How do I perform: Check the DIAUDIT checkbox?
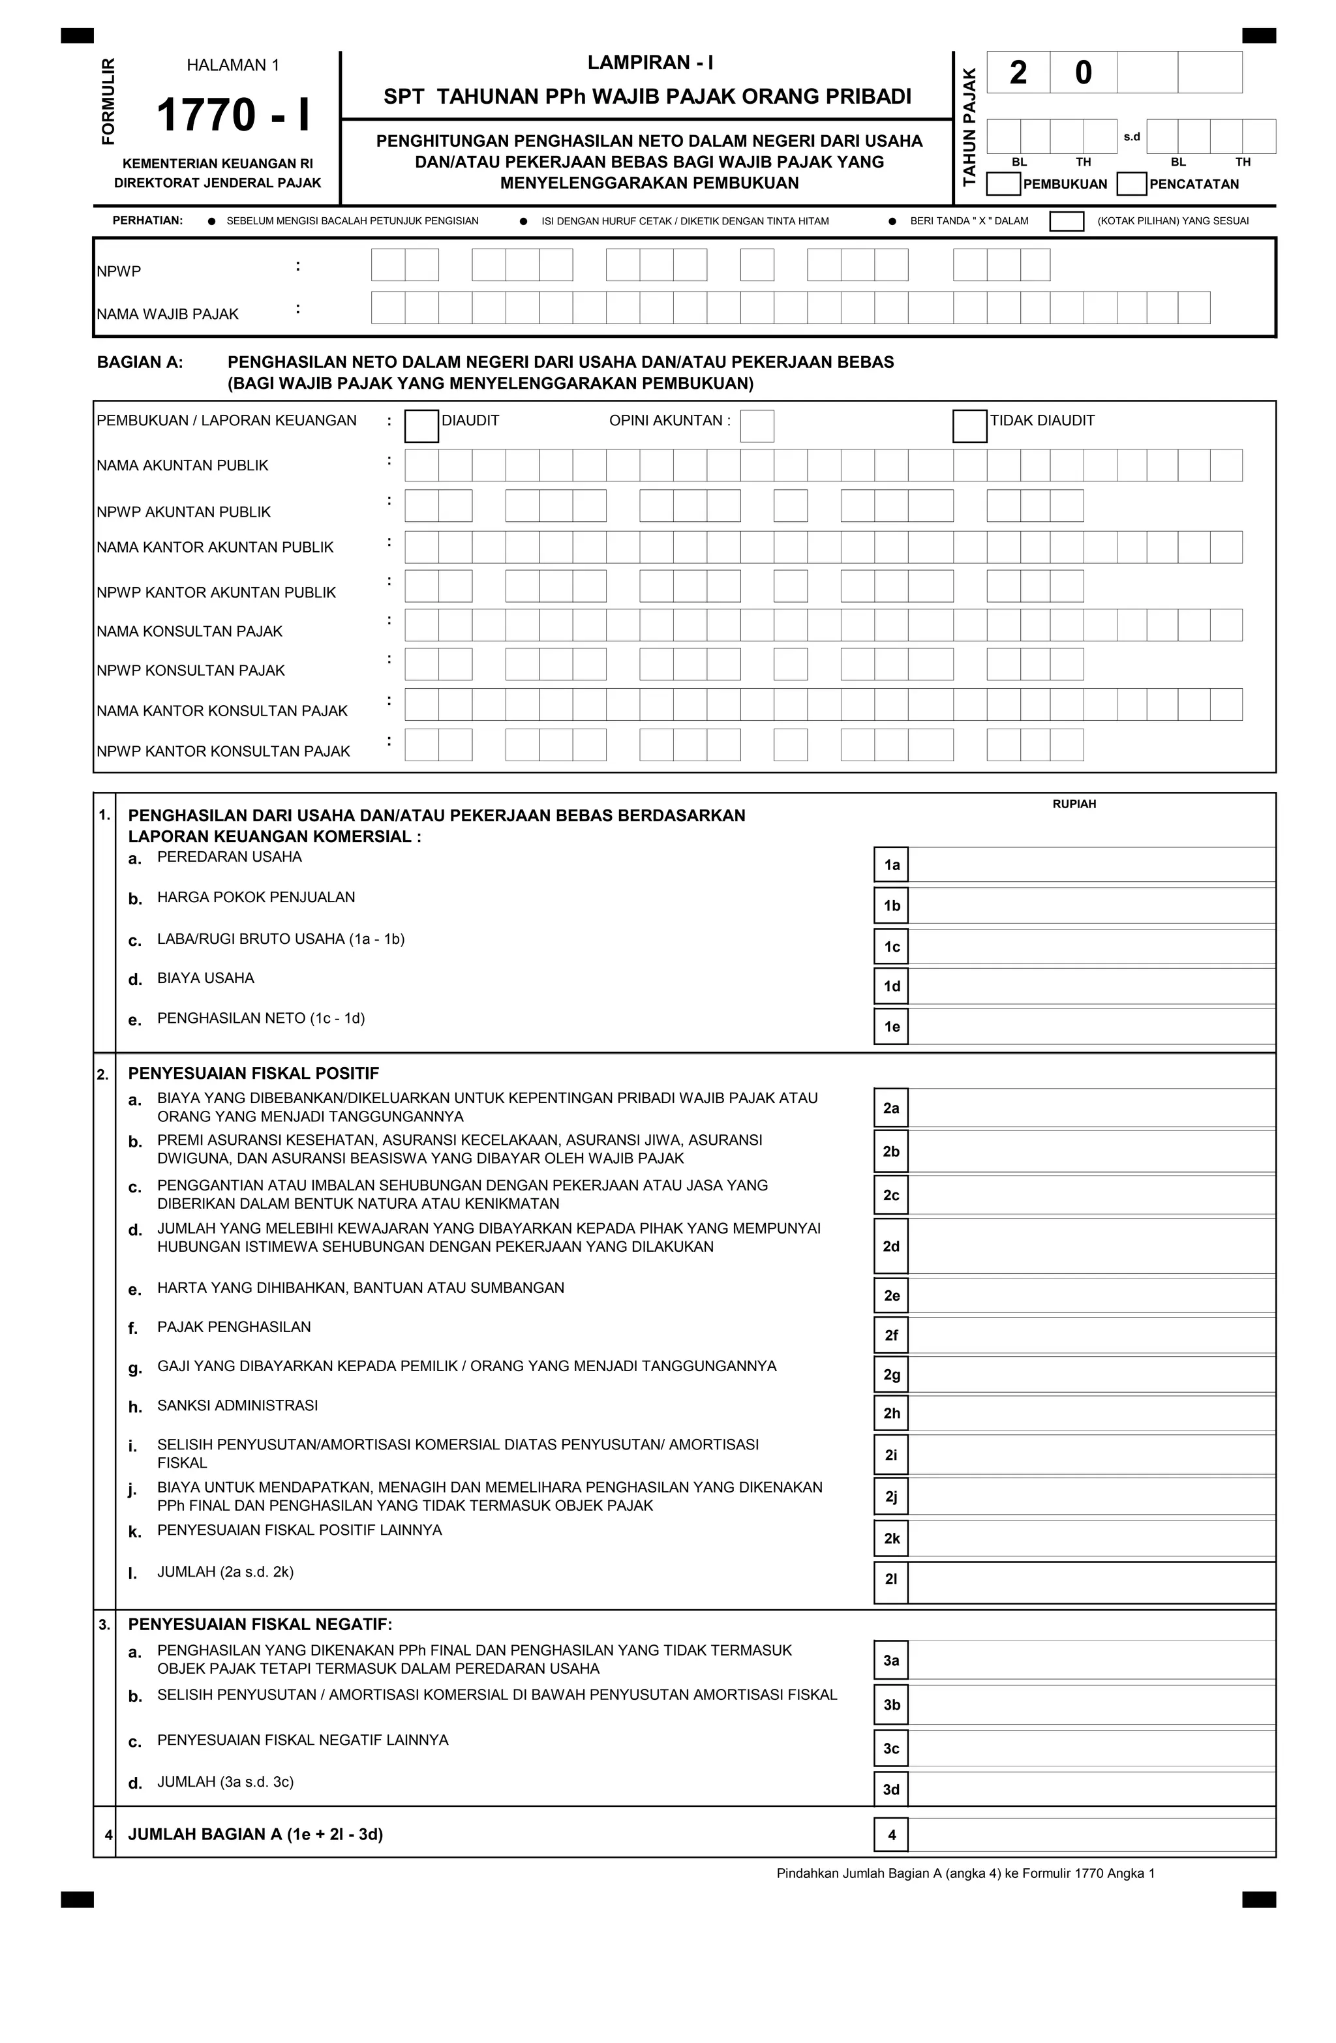coord(421,426)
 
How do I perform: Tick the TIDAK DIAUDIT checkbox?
coord(969,426)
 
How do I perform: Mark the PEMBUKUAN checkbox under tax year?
coord(1003,184)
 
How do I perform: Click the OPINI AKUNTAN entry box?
coord(757,426)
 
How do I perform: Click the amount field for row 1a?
coord(1091,864)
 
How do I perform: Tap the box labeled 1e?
coord(891,1027)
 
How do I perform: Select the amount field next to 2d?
coord(1091,1247)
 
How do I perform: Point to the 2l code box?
coord(890,1578)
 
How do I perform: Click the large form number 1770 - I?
coord(233,115)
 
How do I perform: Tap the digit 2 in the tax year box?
coord(1018,73)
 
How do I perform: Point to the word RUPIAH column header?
coord(1073,804)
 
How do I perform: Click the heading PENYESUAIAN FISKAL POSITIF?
coord(253,1073)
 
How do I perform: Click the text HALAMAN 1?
coord(233,65)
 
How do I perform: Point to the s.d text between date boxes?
coord(1132,136)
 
